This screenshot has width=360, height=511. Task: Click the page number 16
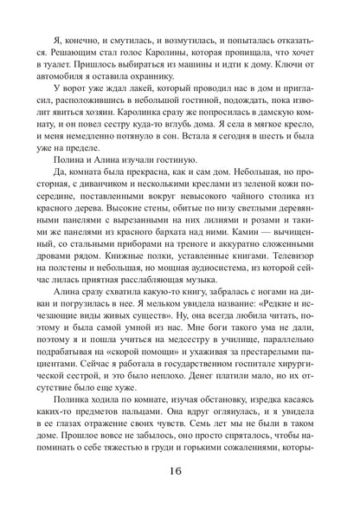click(x=179, y=475)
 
